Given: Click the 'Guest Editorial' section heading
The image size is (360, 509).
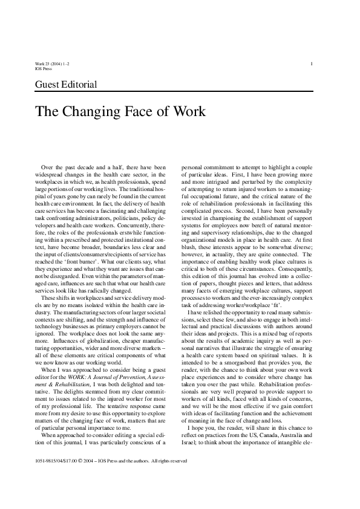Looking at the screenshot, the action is pyautogui.click(x=67, y=84).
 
